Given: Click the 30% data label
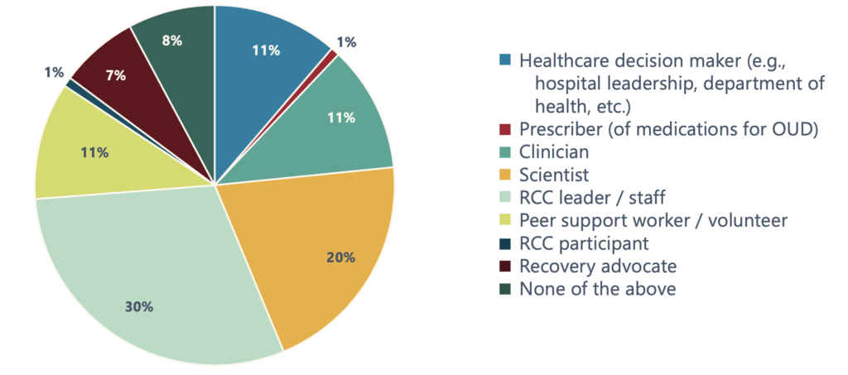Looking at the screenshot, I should [x=139, y=307].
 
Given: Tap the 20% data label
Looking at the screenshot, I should [x=340, y=257].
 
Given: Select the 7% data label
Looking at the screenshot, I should [x=115, y=75].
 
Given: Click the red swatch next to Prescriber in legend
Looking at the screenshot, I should [x=506, y=129].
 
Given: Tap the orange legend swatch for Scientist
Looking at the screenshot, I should [x=506, y=175].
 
